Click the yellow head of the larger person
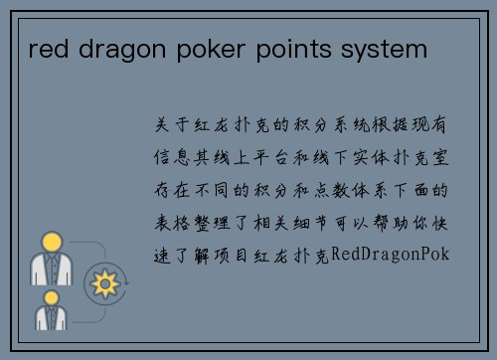click(50, 242)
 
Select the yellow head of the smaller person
click(50, 297)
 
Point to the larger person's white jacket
click(50, 270)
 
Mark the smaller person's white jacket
click(50, 318)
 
